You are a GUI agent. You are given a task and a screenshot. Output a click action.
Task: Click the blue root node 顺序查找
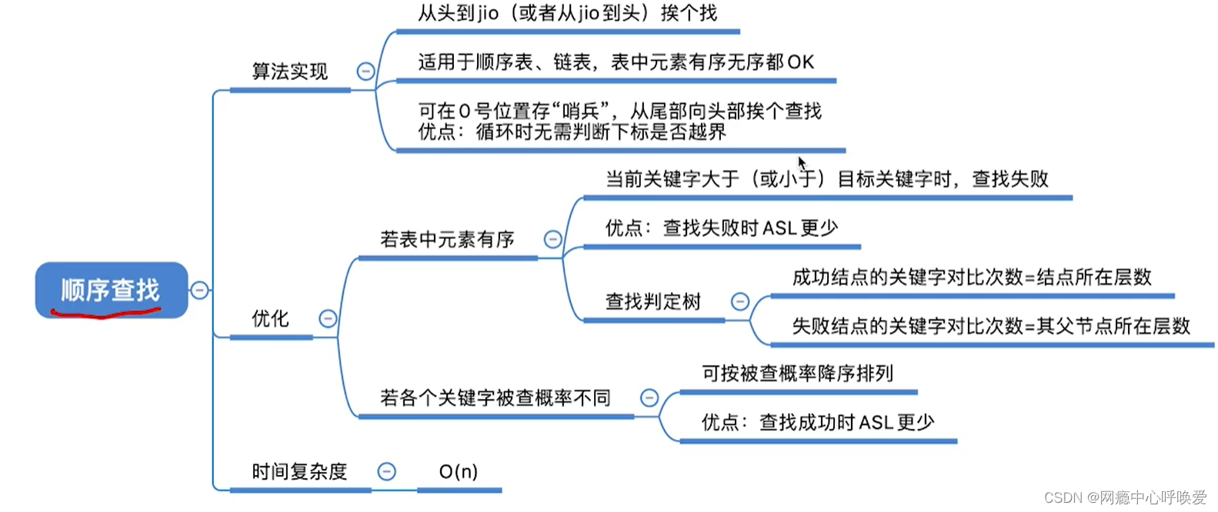[111, 289]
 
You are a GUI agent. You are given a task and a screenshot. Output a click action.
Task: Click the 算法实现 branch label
[289, 71]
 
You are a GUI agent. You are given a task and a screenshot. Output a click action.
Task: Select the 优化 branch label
[270, 318]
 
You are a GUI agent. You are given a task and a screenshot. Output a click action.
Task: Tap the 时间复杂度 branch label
[299, 471]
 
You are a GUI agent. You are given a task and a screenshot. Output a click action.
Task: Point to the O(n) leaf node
[459, 471]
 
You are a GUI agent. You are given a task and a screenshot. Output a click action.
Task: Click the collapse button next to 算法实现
[365, 71]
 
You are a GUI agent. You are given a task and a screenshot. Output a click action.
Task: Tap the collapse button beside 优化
[328, 318]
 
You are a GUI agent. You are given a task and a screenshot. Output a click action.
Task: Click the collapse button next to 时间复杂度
[387, 471]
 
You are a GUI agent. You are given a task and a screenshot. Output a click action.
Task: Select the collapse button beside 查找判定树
[739, 301]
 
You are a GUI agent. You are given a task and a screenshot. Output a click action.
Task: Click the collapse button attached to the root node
[199, 290]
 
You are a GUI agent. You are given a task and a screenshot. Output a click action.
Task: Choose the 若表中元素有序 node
[447, 239]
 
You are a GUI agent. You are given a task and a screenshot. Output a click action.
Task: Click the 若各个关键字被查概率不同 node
[495, 397]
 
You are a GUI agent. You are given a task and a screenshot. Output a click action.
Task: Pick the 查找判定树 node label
[652, 301]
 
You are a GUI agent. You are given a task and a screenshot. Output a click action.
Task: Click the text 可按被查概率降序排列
[797, 374]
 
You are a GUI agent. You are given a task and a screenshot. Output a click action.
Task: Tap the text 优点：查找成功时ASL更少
[817, 422]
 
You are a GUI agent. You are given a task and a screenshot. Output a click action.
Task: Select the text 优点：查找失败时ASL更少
[721, 228]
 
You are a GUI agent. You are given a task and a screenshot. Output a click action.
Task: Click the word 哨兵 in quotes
[581, 111]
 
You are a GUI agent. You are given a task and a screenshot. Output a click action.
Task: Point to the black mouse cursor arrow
[802, 163]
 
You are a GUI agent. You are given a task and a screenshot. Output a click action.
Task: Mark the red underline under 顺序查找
[105, 312]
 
